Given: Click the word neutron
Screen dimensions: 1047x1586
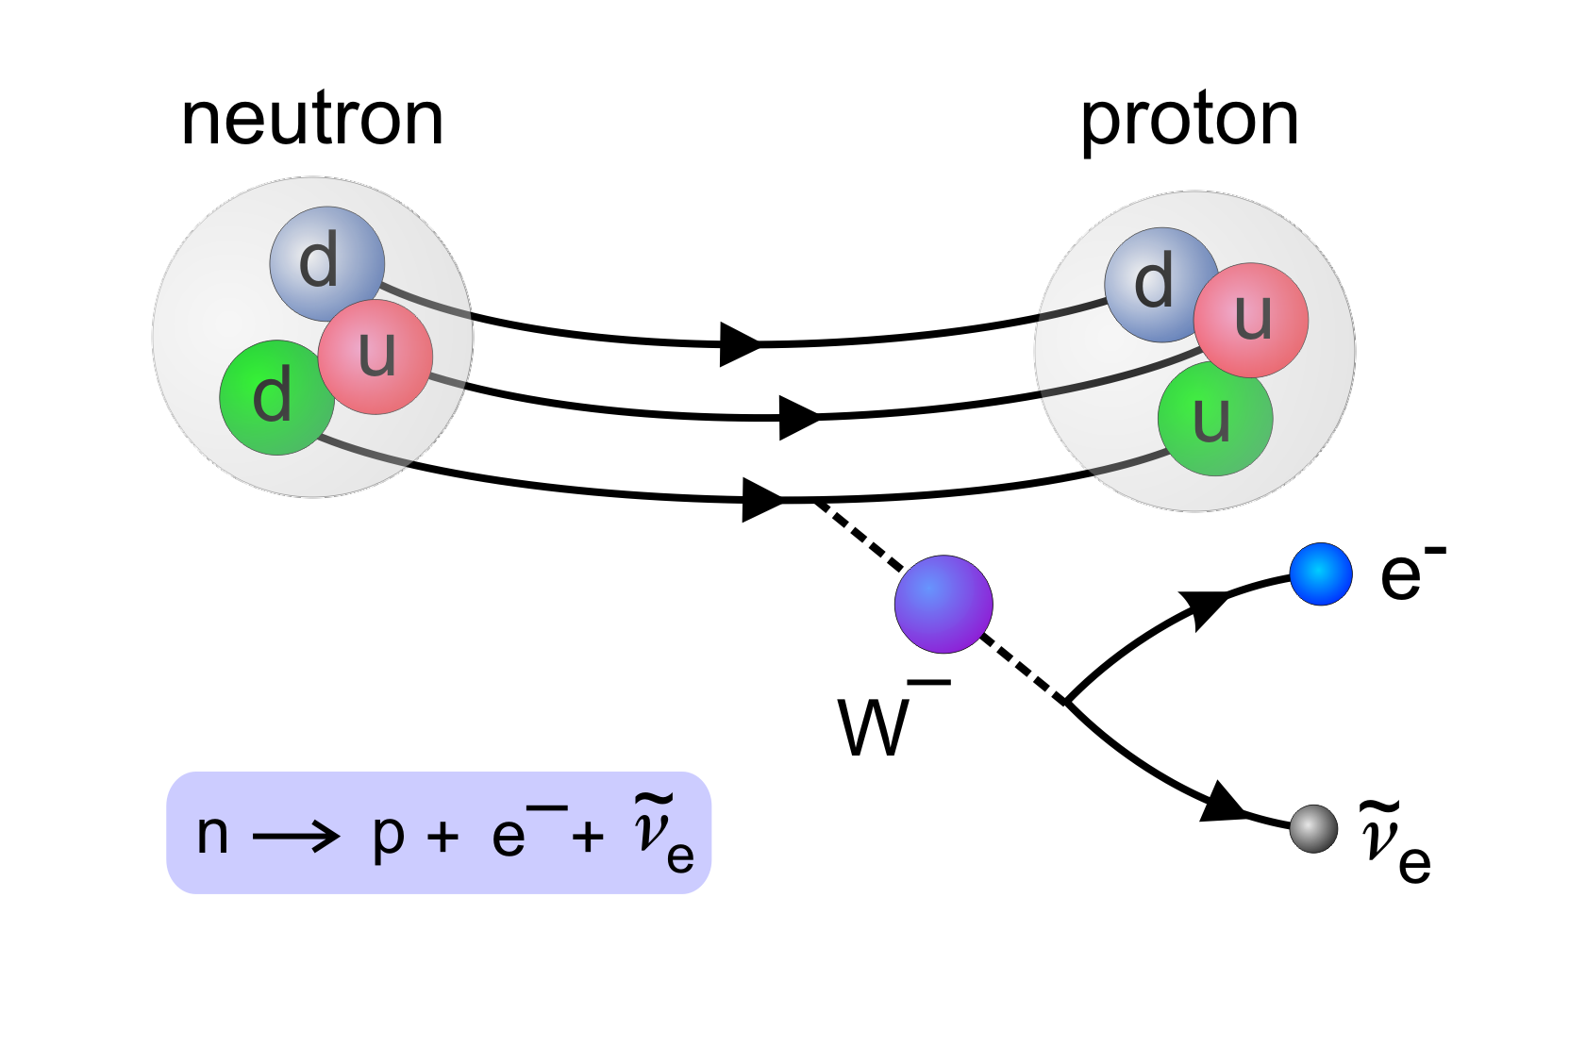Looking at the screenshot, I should (311, 120).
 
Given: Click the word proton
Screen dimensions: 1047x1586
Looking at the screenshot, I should (1189, 121).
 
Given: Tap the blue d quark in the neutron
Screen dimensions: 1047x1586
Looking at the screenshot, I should (326, 262).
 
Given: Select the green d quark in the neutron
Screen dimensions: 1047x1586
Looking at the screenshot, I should (275, 398).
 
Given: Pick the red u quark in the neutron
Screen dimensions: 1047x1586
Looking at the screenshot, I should (376, 357).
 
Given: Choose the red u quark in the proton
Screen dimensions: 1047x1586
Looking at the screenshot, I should (1251, 319).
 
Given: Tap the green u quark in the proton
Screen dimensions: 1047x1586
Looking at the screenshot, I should (1215, 418).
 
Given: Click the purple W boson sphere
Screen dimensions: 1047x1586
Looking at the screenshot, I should (943, 604).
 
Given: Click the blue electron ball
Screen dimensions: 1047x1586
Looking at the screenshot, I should (1321, 573).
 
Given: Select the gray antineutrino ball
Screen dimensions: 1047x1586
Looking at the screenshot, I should (1313, 828).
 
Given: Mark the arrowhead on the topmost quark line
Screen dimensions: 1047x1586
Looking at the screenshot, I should (740, 344).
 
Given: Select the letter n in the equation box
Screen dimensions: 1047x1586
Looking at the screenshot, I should (212, 834).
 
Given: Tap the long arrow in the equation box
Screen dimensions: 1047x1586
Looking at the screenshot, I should (296, 835).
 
